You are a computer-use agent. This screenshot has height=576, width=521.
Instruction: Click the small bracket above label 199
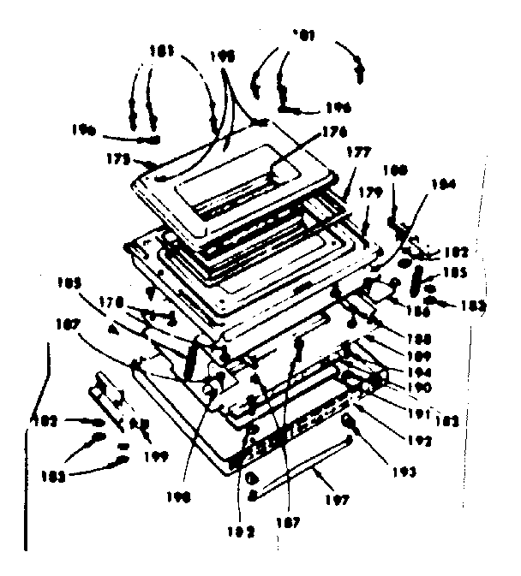tap(106, 391)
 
